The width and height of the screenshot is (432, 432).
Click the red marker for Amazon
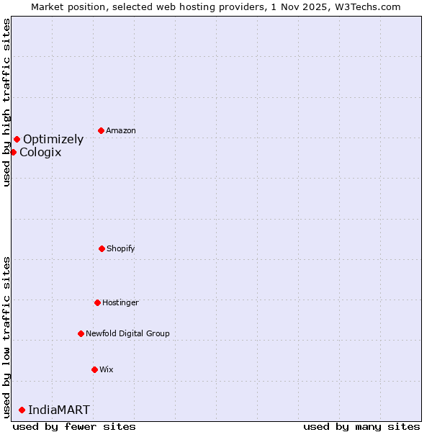tap(101, 130)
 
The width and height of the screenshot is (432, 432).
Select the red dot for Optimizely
tap(17, 139)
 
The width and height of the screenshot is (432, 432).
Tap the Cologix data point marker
tap(13, 152)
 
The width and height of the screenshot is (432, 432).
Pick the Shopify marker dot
tap(102, 248)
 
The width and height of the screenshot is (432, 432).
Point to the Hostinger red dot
tap(97, 302)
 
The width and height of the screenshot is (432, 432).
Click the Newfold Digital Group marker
tap(81, 333)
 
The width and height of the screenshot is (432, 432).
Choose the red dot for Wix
tap(94, 369)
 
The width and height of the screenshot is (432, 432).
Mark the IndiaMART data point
tap(22, 410)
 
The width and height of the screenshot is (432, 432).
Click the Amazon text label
tap(121, 130)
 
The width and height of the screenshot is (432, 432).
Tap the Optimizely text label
tap(53, 139)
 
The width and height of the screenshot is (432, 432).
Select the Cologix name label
tap(40, 152)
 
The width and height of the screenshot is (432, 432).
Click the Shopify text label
tap(121, 248)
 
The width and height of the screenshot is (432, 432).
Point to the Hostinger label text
tap(120, 302)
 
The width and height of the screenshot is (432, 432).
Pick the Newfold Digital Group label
tap(127, 333)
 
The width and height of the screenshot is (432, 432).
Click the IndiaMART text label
tap(59, 410)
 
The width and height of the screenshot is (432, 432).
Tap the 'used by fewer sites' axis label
tap(74, 426)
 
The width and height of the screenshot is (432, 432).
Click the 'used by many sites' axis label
tap(361, 426)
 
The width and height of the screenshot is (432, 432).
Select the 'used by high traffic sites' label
tap(6, 102)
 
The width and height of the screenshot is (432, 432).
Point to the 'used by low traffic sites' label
tap(6, 337)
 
